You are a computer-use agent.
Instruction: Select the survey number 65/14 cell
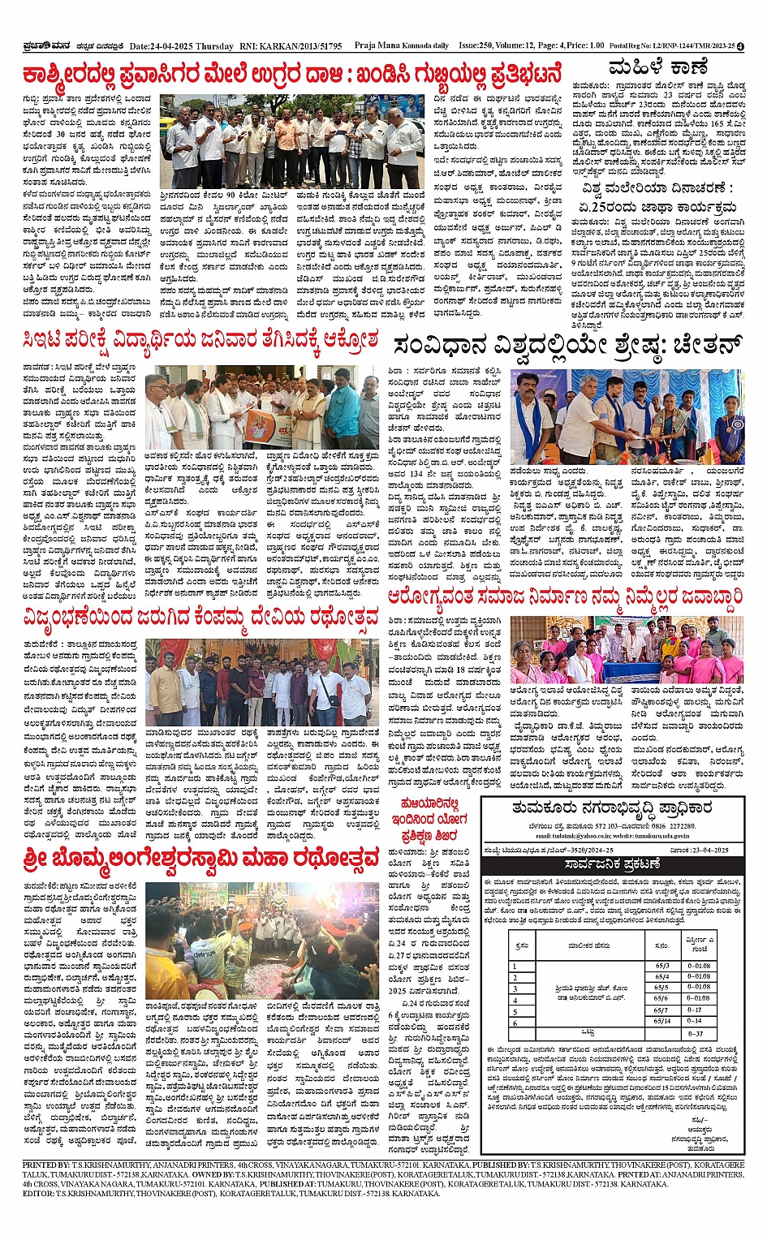pos(661,1021)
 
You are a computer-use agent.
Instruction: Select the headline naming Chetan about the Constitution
pos(568,346)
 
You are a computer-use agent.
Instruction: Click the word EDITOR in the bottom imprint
pos(38,1193)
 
